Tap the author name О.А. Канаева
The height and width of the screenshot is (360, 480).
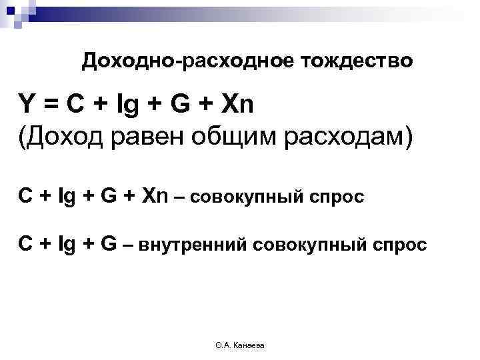[x=240, y=345]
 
